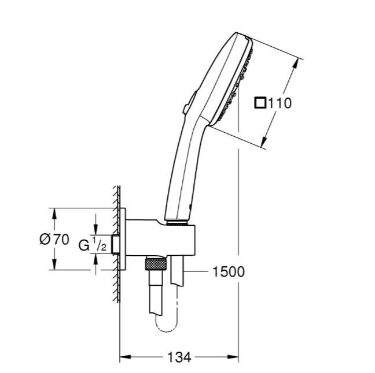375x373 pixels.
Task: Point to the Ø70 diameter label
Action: click(x=54, y=240)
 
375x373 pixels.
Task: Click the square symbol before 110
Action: click(x=260, y=103)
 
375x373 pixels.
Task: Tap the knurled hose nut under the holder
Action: click(x=156, y=265)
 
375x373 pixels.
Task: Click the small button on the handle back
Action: click(x=185, y=107)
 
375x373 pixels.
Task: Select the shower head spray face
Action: click(x=237, y=81)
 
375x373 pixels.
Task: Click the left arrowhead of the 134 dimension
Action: click(x=123, y=358)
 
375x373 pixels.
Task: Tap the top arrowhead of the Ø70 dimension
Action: click(x=55, y=212)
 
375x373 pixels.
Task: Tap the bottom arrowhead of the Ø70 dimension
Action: click(x=55, y=266)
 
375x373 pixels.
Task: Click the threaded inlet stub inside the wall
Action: click(x=116, y=244)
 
